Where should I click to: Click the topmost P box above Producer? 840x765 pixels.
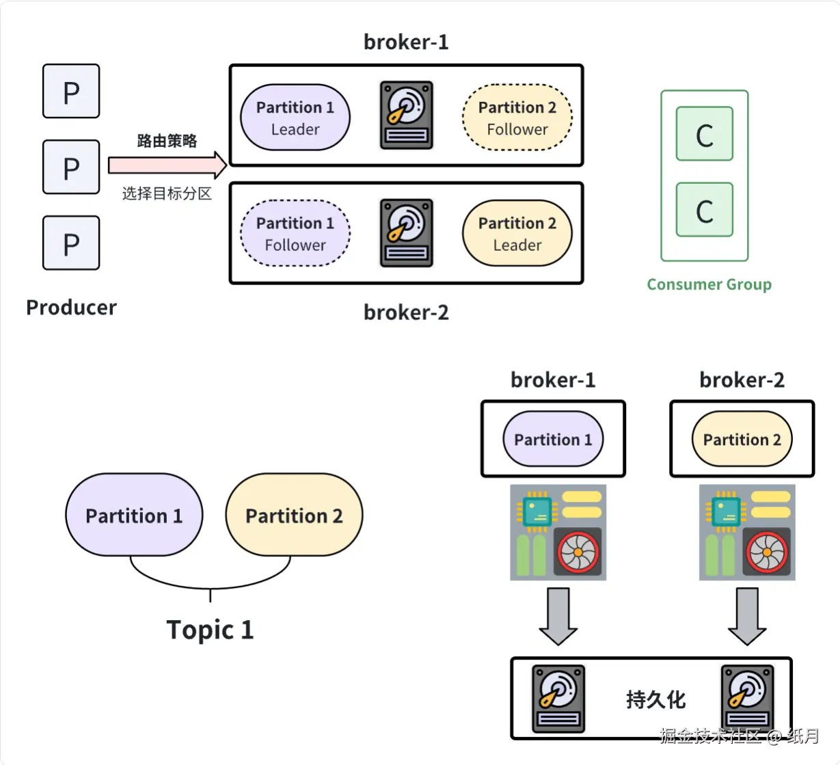[71, 92]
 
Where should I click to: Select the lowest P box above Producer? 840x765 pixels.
[71, 243]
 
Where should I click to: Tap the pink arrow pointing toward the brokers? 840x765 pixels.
[167, 165]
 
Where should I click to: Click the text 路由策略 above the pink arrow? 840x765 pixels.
[167, 141]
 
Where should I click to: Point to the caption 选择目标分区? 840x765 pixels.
[167, 193]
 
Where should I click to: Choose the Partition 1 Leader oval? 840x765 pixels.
[295, 118]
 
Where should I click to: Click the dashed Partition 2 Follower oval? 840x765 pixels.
[517, 118]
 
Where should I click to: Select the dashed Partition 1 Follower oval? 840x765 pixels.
[295, 233]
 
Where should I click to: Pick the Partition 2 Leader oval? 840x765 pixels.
[517, 233]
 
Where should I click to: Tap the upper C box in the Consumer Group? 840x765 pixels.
[705, 134]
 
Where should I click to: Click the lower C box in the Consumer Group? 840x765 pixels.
[705, 210]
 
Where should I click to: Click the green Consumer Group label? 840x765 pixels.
[709, 284]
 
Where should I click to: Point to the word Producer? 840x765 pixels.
[71, 308]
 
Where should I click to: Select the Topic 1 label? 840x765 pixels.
[210, 630]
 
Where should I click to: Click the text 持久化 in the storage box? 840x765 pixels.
[655, 699]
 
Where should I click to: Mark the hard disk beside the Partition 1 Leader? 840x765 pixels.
[407, 115]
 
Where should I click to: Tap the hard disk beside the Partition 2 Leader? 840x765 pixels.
[407, 232]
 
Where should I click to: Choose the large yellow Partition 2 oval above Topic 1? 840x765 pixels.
[294, 515]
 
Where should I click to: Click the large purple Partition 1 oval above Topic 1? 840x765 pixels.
[134, 515]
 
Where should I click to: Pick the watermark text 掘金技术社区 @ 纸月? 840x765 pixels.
[739, 736]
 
